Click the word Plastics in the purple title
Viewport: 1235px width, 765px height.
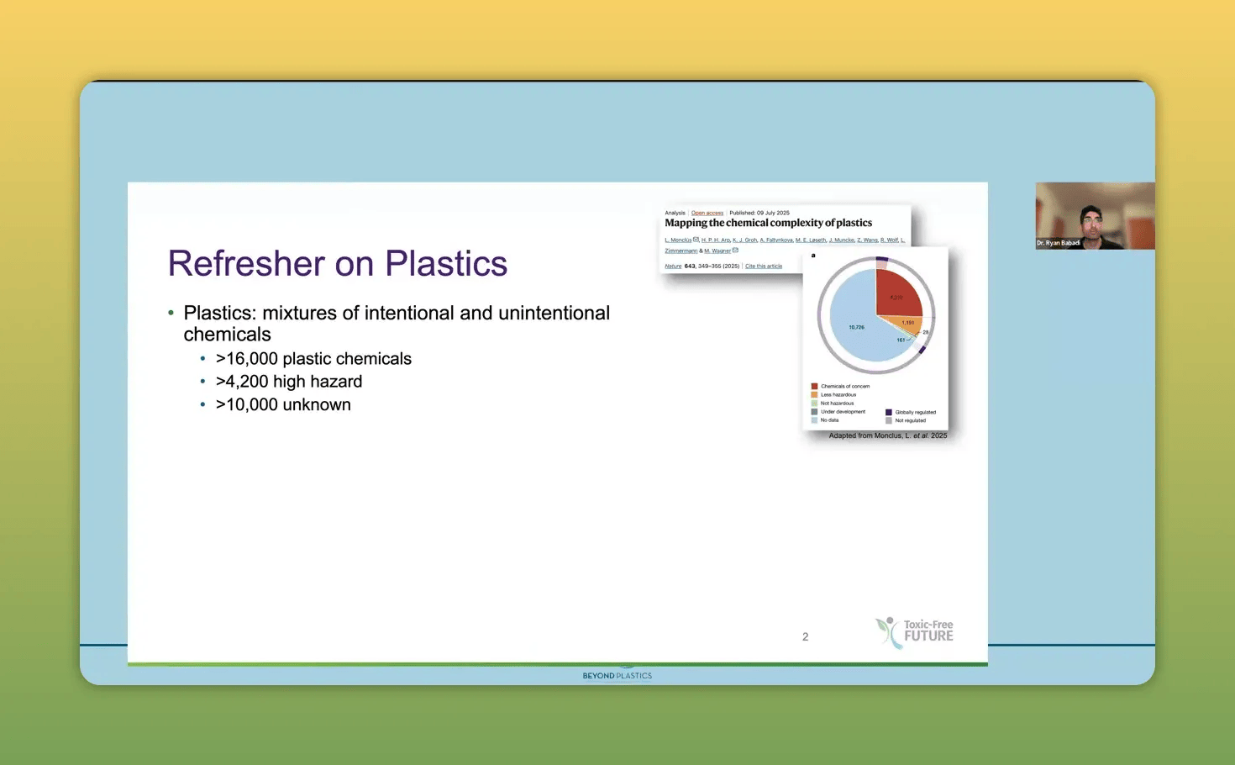(x=445, y=264)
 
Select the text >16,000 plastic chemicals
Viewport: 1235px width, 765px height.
(x=313, y=359)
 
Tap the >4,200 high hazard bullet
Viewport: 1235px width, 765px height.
(x=288, y=382)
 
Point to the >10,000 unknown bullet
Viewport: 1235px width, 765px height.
(x=283, y=404)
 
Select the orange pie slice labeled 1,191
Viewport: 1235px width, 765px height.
(x=907, y=324)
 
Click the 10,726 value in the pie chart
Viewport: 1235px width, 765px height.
(x=856, y=327)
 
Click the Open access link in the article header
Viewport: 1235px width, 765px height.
(x=707, y=213)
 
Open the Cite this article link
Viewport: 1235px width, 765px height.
(x=763, y=266)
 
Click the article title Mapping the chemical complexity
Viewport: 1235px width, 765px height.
(x=768, y=223)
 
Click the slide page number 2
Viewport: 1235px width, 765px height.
(x=805, y=637)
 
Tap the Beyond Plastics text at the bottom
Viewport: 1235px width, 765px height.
(x=617, y=676)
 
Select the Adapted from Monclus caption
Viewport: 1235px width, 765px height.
(x=887, y=435)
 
